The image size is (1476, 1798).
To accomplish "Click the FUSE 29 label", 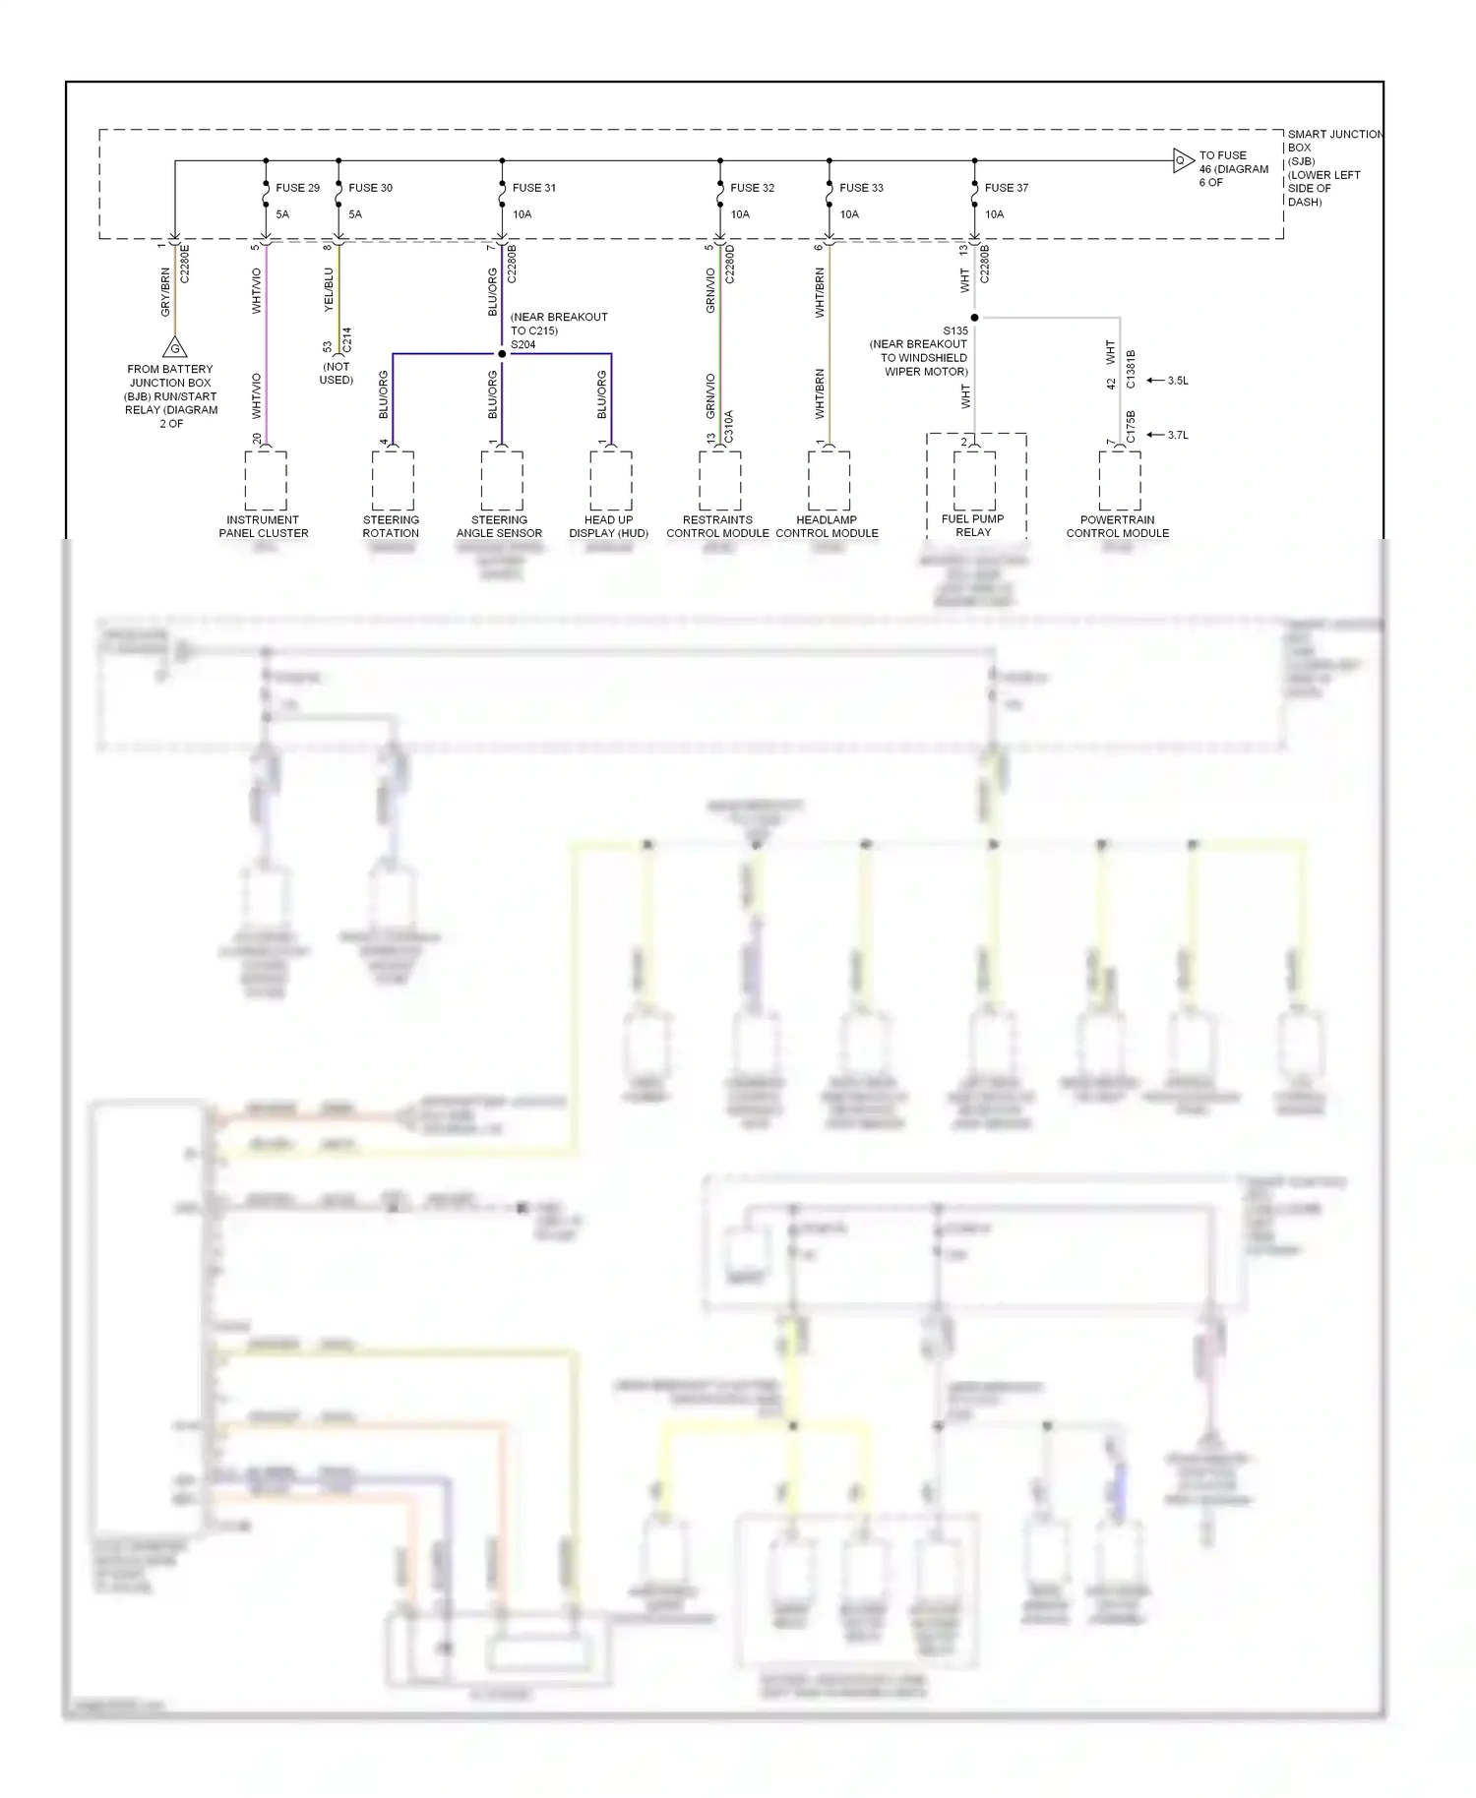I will (297, 188).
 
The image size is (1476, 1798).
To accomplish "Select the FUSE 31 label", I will (534, 188).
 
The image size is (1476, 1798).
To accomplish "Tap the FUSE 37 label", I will (1007, 188).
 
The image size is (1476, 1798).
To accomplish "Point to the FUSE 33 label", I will (861, 188).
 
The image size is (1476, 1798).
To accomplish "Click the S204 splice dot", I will (502, 354).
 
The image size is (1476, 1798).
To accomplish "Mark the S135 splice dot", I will (974, 318).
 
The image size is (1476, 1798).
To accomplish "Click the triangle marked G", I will (175, 347).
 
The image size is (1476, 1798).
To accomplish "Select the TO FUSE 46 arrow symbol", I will (1183, 160).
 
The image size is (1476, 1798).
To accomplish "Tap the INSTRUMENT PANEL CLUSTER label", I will (264, 527).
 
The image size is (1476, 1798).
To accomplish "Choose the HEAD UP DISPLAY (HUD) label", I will (609, 527).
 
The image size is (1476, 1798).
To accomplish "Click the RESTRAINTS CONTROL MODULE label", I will (718, 527).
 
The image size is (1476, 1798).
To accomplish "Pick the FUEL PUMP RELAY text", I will (973, 526).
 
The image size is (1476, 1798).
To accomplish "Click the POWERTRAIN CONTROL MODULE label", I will (1118, 527).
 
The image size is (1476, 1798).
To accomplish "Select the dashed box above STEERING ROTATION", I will (393, 481).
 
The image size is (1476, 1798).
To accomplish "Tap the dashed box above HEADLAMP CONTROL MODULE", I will (829, 481).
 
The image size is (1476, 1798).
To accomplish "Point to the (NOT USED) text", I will (337, 374).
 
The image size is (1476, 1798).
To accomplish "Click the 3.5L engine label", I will (1178, 381).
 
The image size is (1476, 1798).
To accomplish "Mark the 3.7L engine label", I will (1178, 435).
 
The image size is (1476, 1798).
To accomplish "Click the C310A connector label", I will (729, 426).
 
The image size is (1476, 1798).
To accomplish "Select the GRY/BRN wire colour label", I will (165, 292).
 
